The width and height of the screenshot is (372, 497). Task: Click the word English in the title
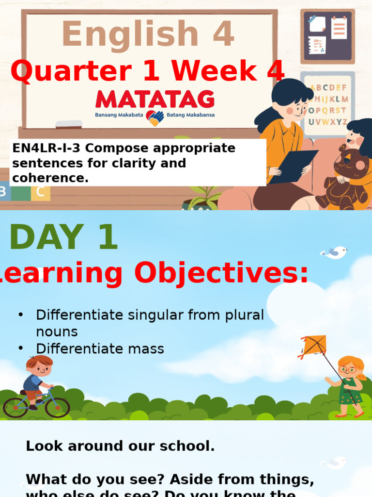click(x=130, y=35)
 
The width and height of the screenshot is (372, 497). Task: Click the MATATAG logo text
click(x=155, y=99)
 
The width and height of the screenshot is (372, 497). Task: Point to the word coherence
click(x=50, y=178)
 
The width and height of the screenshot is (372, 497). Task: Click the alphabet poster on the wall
click(x=328, y=104)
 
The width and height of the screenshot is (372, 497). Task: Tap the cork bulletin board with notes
click(x=327, y=36)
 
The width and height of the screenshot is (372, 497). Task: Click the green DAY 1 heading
click(x=63, y=238)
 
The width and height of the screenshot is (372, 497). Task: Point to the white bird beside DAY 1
click(x=335, y=252)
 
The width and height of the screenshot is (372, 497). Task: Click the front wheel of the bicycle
click(x=57, y=407)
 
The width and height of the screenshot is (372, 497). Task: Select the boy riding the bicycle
click(x=38, y=376)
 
